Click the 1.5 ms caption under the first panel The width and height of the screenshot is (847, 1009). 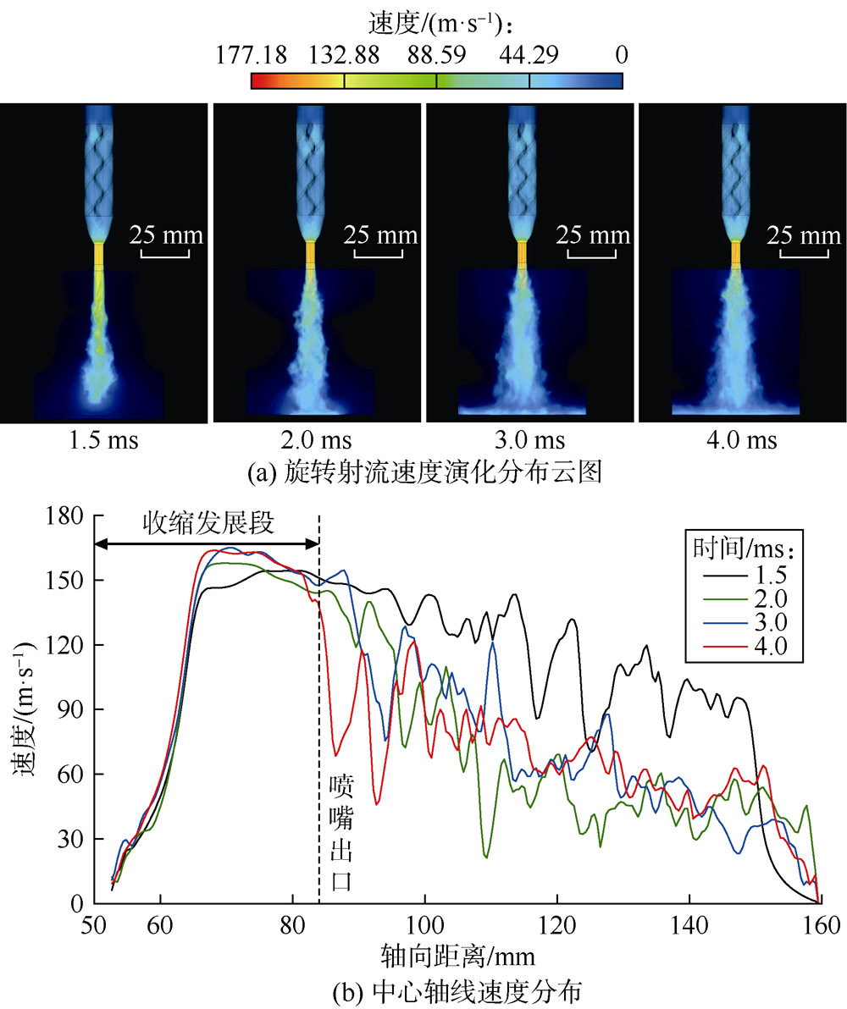tap(103, 442)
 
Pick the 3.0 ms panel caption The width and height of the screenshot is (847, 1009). tap(529, 442)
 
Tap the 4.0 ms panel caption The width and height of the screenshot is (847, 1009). tap(742, 442)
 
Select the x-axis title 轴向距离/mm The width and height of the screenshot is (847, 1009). tap(458, 954)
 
